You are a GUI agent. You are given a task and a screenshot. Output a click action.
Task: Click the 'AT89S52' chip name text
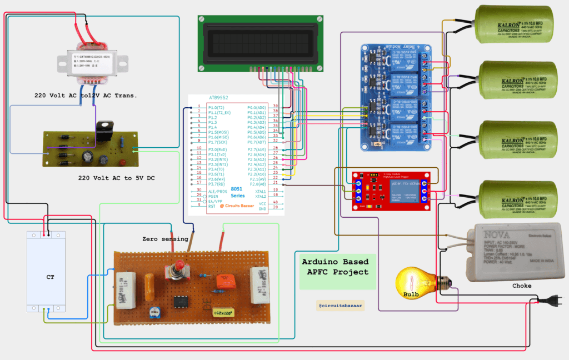[x=220, y=97]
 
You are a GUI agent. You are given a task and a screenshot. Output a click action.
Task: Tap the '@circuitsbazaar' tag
[x=340, y=305]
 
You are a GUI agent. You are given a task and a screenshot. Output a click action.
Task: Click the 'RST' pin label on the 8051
[x=211, y=206]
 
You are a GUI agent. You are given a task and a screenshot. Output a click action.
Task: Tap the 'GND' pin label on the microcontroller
[x=261, y=209]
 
